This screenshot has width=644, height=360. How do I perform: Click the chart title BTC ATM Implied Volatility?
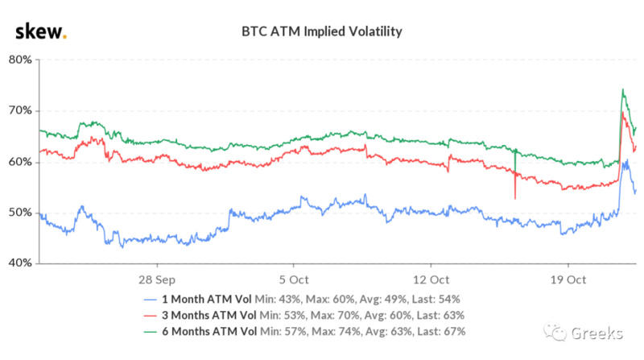(x=322, y=33)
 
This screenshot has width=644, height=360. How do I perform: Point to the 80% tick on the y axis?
(x=19, y=60)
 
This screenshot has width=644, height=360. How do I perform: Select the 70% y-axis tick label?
(x=19, y=110)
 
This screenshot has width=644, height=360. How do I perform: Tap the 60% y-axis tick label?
(x=19, y=162)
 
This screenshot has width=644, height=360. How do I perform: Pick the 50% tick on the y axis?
(x=19, y=213)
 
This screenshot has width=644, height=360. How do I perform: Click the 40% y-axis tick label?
(x=19, y=263)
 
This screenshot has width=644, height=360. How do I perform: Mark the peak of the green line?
(x=622, y=89)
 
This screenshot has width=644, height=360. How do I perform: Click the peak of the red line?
(x=623, y=113)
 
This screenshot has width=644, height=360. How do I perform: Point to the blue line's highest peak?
(x=625, y=160)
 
